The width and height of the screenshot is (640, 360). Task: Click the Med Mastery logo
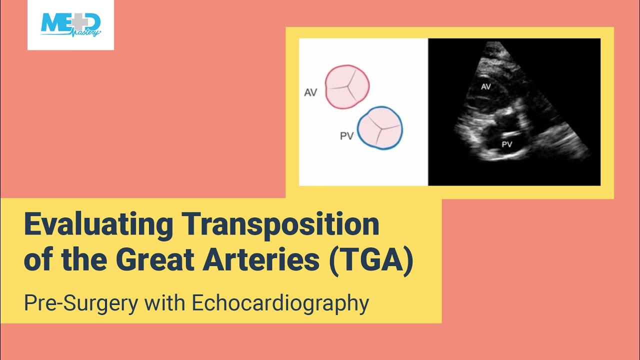(70, 25)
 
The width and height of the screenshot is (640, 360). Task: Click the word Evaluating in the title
(98, 225)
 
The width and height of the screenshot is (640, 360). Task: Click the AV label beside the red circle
(310, 92)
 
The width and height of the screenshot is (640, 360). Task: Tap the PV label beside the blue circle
(346, 136)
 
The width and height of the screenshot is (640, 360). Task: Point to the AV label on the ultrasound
(485, 86)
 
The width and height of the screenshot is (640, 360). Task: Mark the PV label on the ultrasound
(506, 144)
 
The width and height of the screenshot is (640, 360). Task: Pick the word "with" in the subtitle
(171, 303)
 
